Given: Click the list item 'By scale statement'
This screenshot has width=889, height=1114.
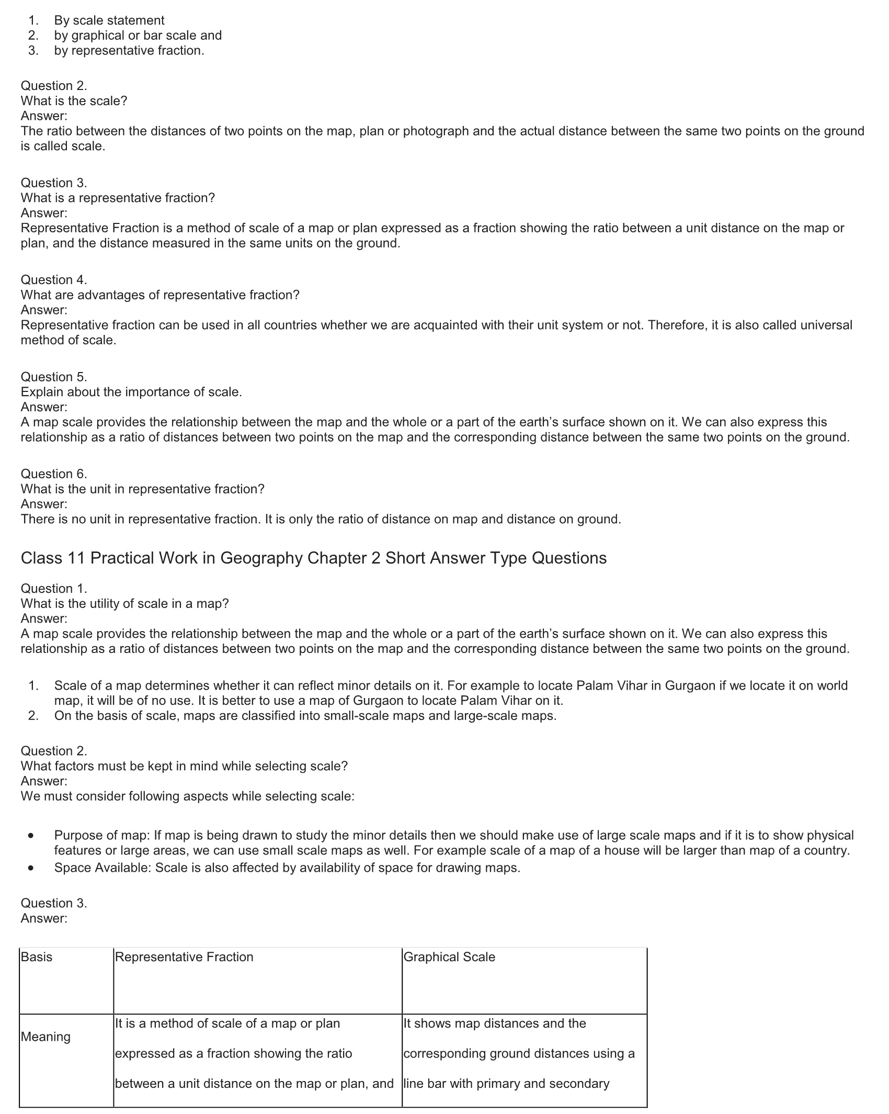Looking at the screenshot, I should pos(109,20).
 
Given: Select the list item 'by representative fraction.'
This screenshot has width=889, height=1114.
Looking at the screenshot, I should pos(129,51).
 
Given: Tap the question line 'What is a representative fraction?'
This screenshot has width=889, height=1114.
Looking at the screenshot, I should pos(118,198).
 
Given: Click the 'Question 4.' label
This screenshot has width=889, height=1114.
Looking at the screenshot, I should pos(54,280).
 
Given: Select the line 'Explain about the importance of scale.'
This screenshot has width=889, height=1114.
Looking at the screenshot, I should pos(131,392).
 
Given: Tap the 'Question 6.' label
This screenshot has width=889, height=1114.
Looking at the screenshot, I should pos(54,474).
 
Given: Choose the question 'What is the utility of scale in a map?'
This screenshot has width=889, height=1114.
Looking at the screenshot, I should pos(124,603).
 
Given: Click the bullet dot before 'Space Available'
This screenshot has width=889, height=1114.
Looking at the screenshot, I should pos(32,868).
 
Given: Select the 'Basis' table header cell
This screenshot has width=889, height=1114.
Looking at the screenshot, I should pos(37,957).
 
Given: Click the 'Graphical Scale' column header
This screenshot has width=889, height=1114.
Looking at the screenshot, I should pos(449,957).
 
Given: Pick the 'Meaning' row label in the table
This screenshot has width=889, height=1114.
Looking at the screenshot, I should pos(45,1037).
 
